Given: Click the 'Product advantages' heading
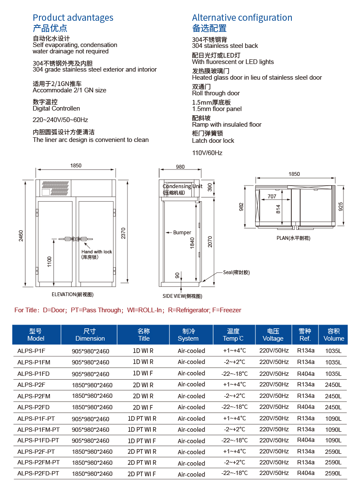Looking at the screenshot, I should point(73,18).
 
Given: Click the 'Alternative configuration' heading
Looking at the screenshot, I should point(242,18).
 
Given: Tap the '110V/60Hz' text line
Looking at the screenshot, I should point(207,153).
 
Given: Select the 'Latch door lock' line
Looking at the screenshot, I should point(213,141).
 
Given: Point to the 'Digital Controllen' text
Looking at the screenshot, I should point(56,108).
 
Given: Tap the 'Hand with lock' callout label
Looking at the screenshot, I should point(97,252).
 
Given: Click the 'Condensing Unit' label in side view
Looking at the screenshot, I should point(183,186).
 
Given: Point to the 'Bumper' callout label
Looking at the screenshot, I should point(182,233).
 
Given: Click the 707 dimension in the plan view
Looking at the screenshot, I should point(272,196).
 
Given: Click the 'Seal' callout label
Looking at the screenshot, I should point(236,272).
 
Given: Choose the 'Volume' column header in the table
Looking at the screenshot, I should point(334,335).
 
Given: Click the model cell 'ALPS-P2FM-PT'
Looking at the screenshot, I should point(39,463).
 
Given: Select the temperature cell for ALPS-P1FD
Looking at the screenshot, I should point(235,374).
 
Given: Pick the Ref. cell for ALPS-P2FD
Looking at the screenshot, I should point(306,407).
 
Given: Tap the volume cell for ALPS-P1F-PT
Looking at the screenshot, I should point(333,419).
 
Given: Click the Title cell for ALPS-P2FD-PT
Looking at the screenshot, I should point(142,474).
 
